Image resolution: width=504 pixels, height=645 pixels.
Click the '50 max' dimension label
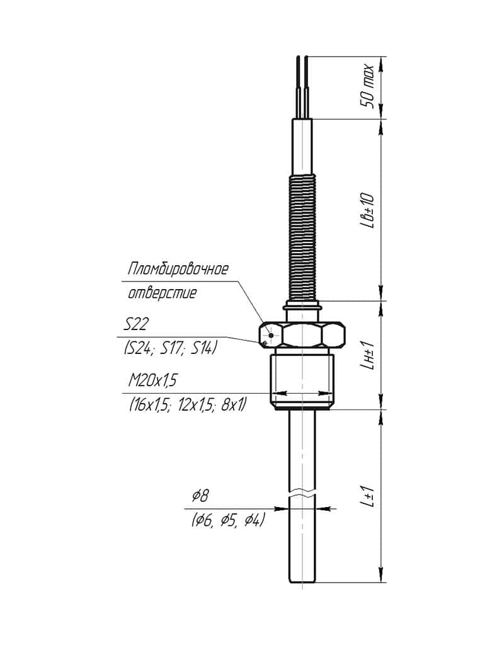[367, 86]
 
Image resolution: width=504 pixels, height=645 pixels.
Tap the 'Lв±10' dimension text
[367, 210]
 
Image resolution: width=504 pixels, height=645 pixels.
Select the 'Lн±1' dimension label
[367, 355]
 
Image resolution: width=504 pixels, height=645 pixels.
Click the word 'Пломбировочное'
[178, 269]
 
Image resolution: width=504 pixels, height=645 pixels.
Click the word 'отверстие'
[162, 294]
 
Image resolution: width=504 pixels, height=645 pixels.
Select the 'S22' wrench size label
[136, 325]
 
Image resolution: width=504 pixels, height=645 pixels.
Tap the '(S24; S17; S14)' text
[170, 348]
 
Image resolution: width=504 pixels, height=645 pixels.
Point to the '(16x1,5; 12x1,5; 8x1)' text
[188, 406]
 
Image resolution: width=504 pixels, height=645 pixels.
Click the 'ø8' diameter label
[200, 496]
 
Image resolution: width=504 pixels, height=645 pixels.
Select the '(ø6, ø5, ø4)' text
[227, 521]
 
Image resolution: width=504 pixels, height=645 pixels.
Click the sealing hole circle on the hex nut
[270, 334]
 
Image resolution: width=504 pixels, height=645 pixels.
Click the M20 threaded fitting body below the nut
[302, 381]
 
